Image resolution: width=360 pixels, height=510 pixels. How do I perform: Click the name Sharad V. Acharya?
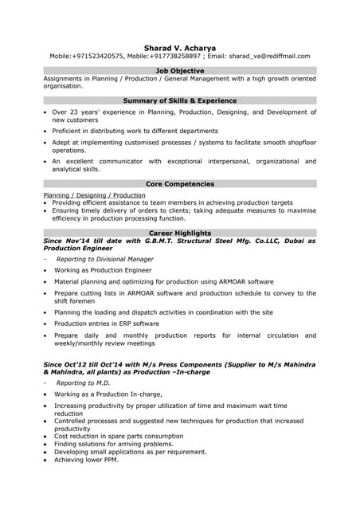(x=179, y=47)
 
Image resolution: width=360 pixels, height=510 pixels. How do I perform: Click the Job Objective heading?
(x=179, y=71)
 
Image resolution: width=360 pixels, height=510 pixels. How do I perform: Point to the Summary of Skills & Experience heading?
(x=179, y=101)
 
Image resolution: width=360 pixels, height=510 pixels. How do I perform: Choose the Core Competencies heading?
(x=179, y=184)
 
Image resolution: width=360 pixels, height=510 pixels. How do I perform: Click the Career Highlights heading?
(x=179, y=233)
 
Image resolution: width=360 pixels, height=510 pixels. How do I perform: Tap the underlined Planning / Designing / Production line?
(x=94, y=194)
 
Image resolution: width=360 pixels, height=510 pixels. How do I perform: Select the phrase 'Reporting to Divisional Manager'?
(x=105, y=259)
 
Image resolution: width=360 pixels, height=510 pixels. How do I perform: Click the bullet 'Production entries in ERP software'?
(x=107, y=324)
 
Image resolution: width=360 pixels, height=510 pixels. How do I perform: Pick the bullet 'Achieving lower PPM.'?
(x=86, y=460)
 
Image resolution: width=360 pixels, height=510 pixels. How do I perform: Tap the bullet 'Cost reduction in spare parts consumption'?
(x=119, y=436)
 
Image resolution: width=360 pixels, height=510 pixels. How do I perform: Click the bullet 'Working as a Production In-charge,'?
(x=108, y=394)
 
